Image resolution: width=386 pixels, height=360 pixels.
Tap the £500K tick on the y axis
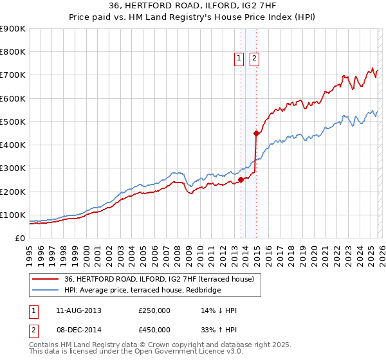coord(13,122)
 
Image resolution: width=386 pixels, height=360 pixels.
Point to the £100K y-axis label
coord(13,215)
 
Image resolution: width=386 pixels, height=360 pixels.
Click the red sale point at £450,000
coord(256,134)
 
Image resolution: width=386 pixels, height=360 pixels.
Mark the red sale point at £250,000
coord(241,180)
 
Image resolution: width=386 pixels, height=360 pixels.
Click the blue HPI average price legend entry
coord(143,290)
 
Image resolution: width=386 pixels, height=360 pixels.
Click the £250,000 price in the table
coord(154,310)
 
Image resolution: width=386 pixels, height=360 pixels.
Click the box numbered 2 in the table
coord(32,329)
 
